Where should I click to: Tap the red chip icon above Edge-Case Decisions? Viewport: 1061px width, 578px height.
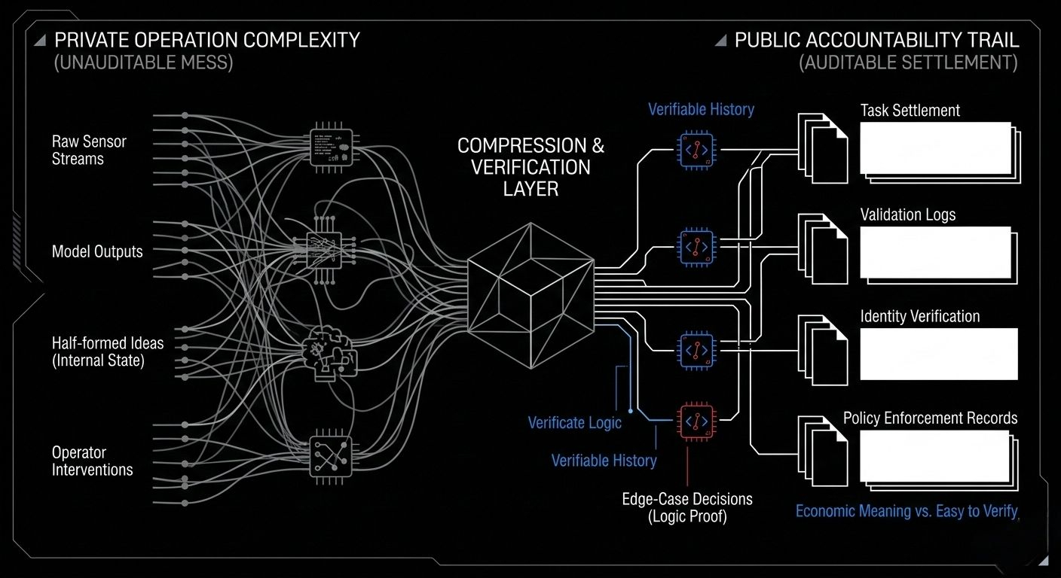point(696,421)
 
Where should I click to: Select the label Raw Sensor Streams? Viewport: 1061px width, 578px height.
point(89,150)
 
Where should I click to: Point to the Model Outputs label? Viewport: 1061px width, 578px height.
point(97,251)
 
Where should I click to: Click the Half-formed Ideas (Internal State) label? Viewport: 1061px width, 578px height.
point(108,351)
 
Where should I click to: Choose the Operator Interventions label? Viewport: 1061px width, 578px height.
point(92,461)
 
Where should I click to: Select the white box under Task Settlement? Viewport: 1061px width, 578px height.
point(935,148)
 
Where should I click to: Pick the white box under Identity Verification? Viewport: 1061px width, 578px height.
point(938,354)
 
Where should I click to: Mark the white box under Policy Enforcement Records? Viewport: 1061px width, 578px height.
point(934,455)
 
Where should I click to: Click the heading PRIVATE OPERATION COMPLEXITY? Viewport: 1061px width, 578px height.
point(207,40)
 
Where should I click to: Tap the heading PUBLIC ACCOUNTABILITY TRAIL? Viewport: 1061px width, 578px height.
point(876,40)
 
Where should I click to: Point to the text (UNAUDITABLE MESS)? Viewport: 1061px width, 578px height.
point(143,62)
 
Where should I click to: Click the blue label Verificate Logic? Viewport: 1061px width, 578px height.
point(574,422)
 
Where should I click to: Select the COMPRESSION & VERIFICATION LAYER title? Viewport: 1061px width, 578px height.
point(530,166)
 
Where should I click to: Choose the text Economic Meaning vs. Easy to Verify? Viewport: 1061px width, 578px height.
point(907,511)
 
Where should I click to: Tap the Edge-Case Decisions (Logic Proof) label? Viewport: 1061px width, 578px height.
point(686,507)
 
